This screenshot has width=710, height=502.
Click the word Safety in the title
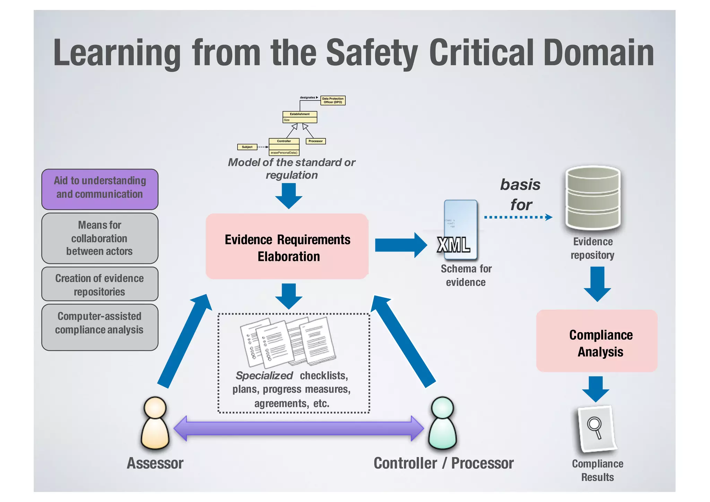tap(372, 53)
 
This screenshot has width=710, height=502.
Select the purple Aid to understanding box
tap(100, 189)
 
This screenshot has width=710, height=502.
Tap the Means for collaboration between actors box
tap(100, 238)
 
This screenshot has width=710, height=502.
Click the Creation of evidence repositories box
tap(100, 284)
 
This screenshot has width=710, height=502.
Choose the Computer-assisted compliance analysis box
tap(100, 327)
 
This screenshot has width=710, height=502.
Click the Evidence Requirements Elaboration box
tap(287, 247)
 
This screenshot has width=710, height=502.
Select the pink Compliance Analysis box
tap(597, 341)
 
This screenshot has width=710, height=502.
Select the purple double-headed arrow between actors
tap(298, 428)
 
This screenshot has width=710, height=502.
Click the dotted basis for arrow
tap(518, 217)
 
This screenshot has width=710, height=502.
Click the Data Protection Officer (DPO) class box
tap(333, 100)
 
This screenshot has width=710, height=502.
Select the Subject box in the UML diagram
tap(247, 147)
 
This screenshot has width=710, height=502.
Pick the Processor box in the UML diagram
tap(315, 141)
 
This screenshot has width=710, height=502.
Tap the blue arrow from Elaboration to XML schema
tap(400, 245)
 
